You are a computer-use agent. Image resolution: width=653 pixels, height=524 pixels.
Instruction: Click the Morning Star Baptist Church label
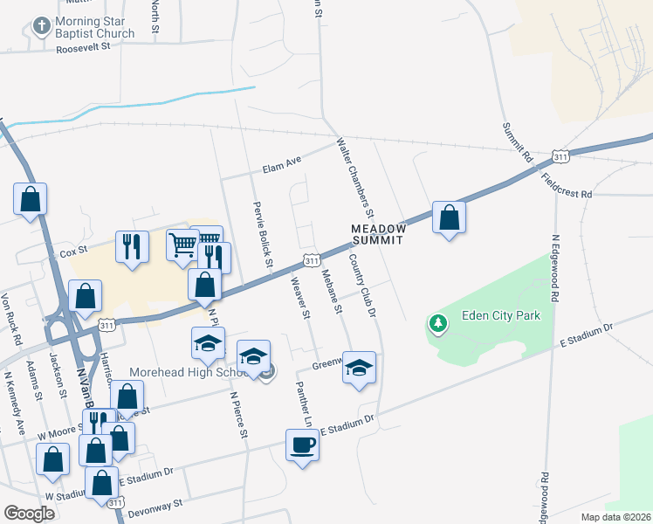click(x=95, y=27)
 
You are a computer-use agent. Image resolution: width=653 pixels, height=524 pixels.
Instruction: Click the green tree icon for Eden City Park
click(x=437, y=325)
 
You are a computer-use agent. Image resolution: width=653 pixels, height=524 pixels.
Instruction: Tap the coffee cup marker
click(x=302, y=445)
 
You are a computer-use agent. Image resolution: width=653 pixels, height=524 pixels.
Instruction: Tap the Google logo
click(x=30, y=514)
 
